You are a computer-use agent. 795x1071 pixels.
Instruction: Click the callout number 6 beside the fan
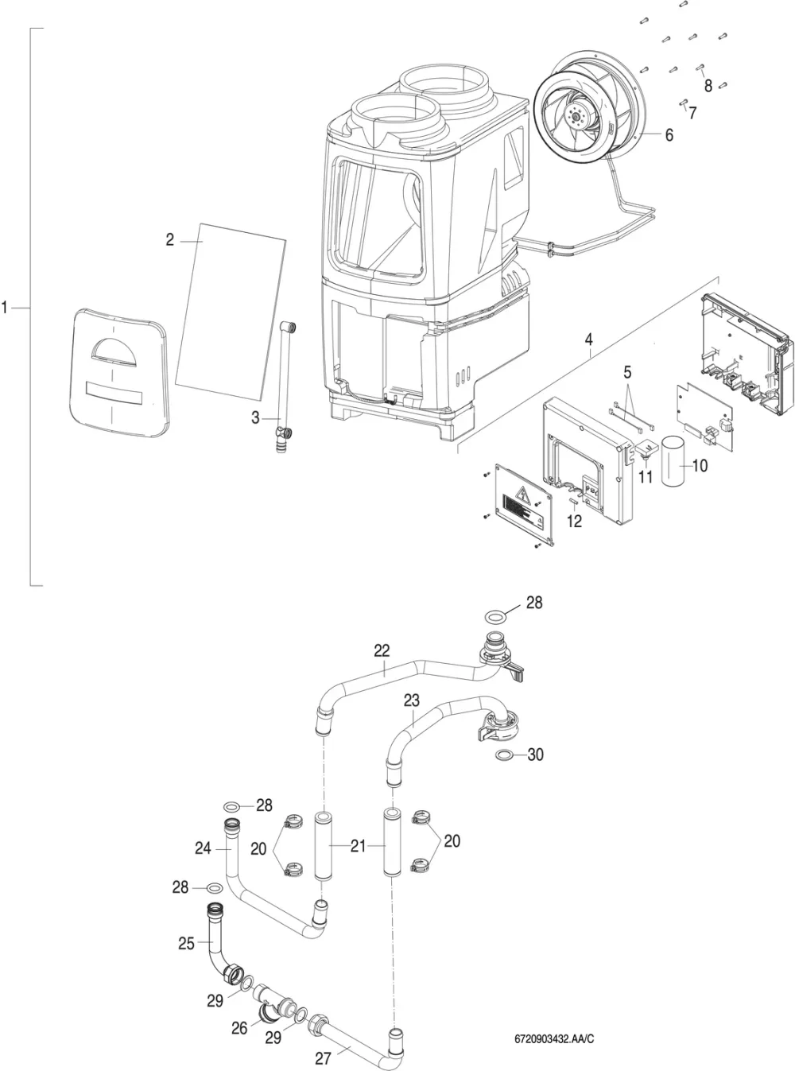(669, 134)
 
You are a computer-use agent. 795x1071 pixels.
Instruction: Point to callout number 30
(535, 755)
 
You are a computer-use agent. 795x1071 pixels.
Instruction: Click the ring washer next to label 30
(505, 755)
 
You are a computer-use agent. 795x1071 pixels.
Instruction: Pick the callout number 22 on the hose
(382, 650)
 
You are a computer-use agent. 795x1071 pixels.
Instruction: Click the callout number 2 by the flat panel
(169, 240)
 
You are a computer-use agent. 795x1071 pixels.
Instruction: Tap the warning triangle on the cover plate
(523, 494)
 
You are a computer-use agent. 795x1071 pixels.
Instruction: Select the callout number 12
(574, 521)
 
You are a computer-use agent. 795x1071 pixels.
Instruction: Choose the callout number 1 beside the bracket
(4, 307)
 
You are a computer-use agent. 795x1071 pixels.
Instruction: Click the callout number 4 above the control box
(588, 340)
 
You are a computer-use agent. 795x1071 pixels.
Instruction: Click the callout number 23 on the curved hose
(412, 700)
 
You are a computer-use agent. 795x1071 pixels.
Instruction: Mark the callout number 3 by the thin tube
(255, 417)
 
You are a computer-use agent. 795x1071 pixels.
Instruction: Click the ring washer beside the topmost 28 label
(495, 616)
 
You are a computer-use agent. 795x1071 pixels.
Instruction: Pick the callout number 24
(203, 848)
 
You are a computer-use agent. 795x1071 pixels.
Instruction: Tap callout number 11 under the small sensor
(646, 477)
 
